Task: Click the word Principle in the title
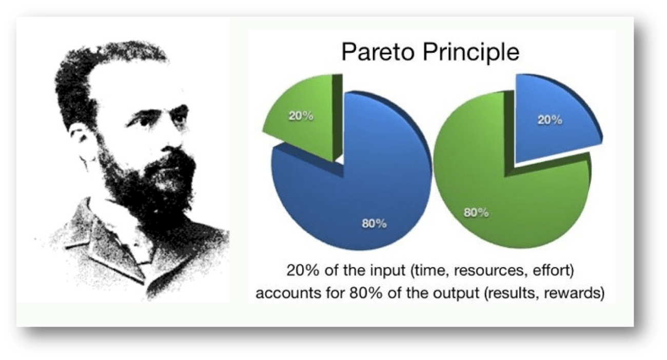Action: coord(469,53)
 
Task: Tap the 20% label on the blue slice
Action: coord(550,121)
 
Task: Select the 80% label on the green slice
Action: coord(475,212)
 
